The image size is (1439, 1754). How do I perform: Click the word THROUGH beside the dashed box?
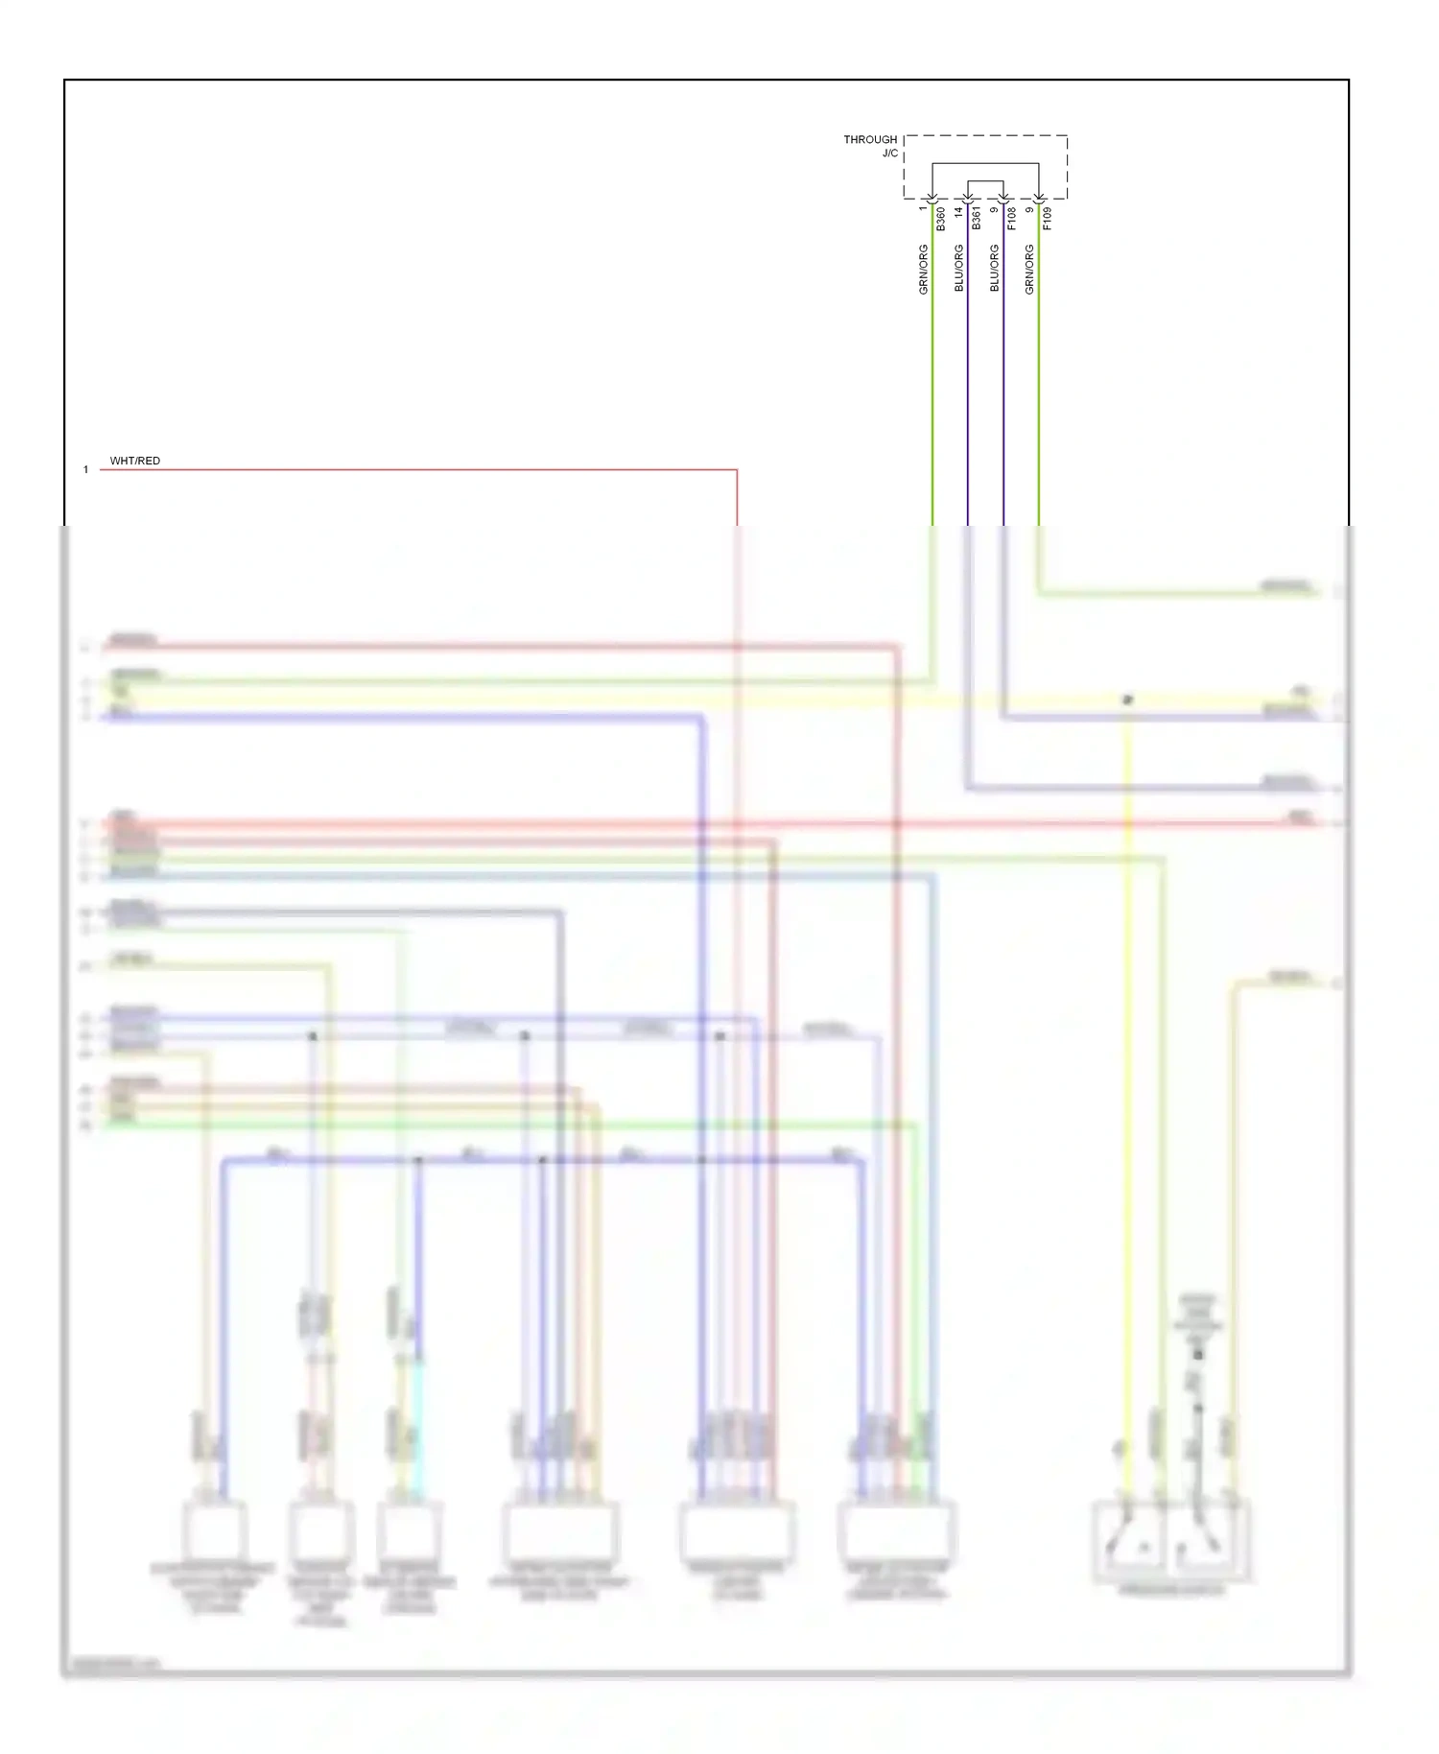coord(870,140)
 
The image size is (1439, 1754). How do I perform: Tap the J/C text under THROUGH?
coord(890,154)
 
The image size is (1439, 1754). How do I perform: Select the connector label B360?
coord(941,219)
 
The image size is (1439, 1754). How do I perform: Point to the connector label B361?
coord(977,218)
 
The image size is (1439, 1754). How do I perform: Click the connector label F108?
coord(1012,219)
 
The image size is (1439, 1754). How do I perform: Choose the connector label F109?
coord(1048,219)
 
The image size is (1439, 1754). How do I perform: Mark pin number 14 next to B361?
coord(958,211)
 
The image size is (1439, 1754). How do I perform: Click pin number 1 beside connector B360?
coord(923,208)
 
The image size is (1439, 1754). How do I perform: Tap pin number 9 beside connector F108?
coord(994,209)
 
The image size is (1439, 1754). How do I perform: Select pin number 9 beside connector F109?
coord(1029,209)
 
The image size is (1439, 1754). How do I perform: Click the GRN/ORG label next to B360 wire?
coord(924,269)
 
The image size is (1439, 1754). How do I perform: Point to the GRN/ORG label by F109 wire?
coord(1029,269)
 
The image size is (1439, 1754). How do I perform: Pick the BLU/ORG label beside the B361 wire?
coord(959,269)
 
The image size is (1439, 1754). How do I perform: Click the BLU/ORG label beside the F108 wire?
coord(995,269)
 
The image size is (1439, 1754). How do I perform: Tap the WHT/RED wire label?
coord(135,462)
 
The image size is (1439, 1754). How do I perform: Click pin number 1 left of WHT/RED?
coord(86,470)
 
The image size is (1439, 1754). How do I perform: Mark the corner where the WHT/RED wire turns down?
coord(737,470)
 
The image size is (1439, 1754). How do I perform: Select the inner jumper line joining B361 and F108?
coord(985,181)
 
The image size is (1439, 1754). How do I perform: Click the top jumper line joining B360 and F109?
coord(985,164)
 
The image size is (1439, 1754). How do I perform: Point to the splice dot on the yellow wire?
coord(1128,700)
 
